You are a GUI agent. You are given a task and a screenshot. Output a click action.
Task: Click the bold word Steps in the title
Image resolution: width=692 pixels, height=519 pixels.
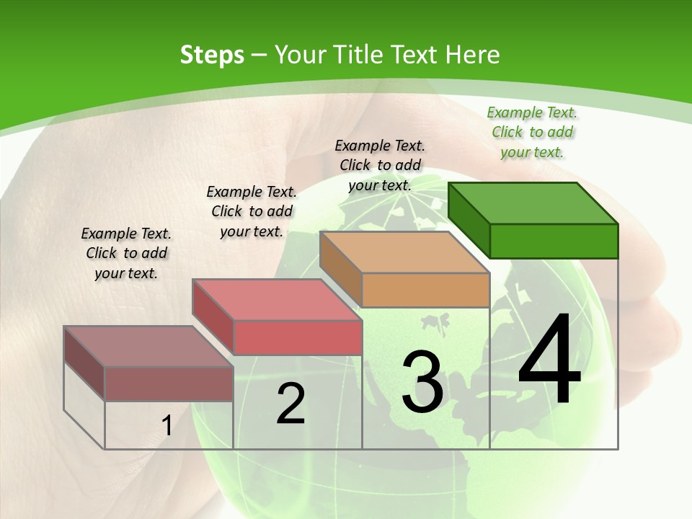pos(212,55)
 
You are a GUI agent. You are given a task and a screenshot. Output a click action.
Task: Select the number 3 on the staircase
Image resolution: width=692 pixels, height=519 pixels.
pos(422,381)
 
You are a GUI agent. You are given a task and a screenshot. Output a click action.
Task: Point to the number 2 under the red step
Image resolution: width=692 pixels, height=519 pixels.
pos(290,404)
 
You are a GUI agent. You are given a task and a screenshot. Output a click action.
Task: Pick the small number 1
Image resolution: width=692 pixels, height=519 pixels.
pos(167,426)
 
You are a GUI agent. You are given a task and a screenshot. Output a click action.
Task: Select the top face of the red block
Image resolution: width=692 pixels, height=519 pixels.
pos(277,299)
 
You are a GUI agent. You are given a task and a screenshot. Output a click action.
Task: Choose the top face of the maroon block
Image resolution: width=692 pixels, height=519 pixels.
pos(148,346)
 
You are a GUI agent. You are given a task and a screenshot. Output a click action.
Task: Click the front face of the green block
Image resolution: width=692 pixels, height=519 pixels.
pos(554,241)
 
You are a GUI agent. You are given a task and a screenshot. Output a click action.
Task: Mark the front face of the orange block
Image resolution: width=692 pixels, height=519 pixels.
pos(425,290)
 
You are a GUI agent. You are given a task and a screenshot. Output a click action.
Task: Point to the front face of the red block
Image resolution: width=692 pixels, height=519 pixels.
pos(297,337)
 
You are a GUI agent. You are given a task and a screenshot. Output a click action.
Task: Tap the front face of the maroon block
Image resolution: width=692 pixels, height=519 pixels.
pos(169,383)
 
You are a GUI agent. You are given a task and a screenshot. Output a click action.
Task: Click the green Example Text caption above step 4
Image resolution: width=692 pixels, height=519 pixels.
pos(532,132)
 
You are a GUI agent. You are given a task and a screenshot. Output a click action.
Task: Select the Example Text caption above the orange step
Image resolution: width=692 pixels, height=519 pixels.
pos(380,165)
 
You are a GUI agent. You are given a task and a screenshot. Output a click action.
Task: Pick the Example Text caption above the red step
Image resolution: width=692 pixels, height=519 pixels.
pos(252,211)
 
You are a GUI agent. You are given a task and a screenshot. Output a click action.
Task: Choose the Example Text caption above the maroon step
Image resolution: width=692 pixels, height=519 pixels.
pos(126,253)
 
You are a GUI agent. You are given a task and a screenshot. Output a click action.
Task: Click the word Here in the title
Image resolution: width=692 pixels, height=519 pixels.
pos(473,55)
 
